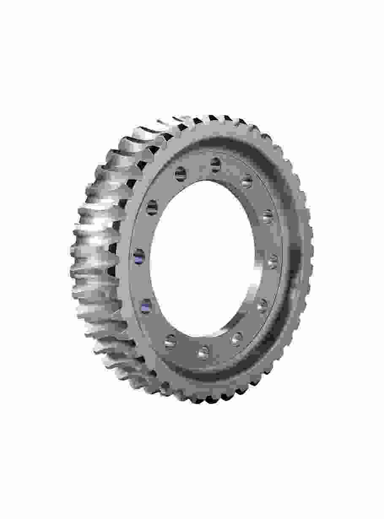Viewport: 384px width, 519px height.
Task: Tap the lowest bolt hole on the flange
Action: [x=203, y=351]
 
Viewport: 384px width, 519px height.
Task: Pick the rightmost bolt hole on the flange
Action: [x=273, y=261]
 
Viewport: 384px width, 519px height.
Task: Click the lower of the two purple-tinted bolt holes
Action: [x=146, y=305]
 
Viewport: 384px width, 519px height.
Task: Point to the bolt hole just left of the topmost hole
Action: [x=181, y=173]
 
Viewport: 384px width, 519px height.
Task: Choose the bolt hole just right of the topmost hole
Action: [x=247, y=182]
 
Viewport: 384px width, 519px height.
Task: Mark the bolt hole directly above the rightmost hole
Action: [x=268, y=216]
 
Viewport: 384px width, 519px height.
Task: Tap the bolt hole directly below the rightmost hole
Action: [x=262, y=305]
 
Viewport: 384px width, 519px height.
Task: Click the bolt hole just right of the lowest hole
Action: [x=237, y=338]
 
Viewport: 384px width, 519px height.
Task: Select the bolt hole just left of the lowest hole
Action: [x=170, y=341]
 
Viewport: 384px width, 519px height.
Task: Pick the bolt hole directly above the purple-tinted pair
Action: [x=152, y=207]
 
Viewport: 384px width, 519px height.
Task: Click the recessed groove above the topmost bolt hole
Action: [x=219, y=146]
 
